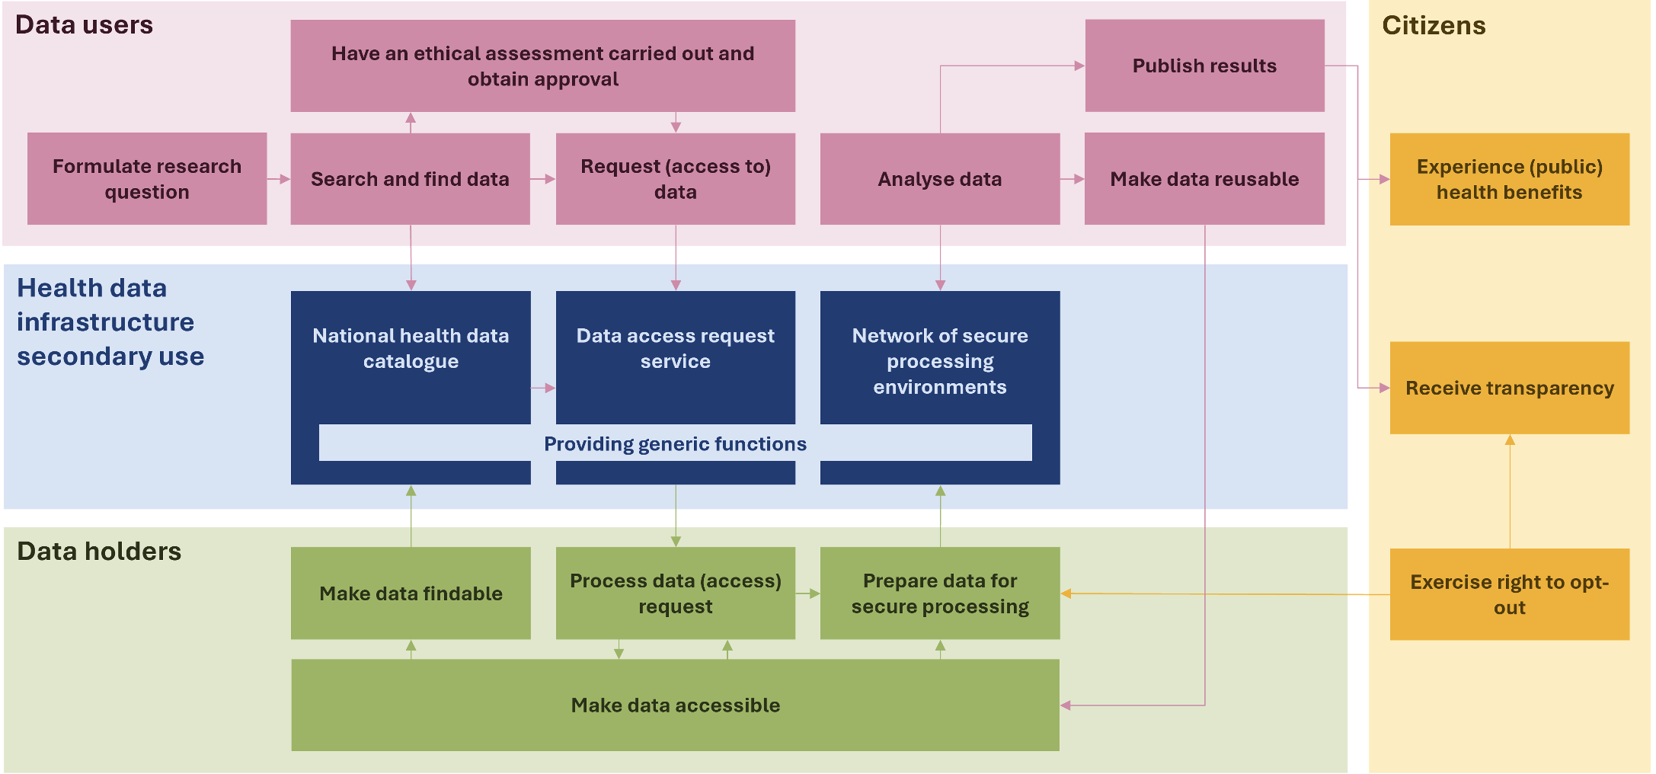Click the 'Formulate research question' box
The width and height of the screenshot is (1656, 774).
click(x=147, y=179)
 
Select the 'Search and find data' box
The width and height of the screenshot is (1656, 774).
click(x=410, y=179)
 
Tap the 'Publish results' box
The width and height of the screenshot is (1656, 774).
click(x=1204, y=66)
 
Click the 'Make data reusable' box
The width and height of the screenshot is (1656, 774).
click(x=1204, y=179)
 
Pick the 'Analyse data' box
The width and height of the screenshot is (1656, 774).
click(x=939, y=179)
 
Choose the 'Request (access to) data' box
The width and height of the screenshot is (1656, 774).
click(x=675, y=179)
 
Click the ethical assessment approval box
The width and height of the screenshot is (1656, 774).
click(x=542, y=66)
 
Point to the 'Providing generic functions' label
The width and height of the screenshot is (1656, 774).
click(x=675, y=443)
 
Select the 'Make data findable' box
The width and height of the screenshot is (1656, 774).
click(x=411, y=593)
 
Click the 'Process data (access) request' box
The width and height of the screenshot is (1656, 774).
click(x=675, y=593)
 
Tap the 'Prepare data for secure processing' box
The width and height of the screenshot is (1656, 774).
click(x=939, y=593)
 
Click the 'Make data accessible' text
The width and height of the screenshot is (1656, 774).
click(x=675, y=705)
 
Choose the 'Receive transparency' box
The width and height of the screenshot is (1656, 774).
click(x=1509, y=388)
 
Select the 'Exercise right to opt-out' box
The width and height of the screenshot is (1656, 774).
click(x=1509, y=594)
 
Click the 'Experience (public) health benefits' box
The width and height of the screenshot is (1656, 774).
click(x=1509, y=179)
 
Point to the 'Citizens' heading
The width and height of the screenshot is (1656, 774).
click(x=1434, y=25)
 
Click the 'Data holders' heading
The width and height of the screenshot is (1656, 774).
click(x=99, y=551)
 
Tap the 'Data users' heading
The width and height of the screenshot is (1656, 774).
click(x=84, y=24)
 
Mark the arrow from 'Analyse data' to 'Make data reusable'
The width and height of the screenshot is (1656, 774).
click(x=1072, y=179)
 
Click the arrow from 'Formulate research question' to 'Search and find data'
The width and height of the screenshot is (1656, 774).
click(x=279, y=179)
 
